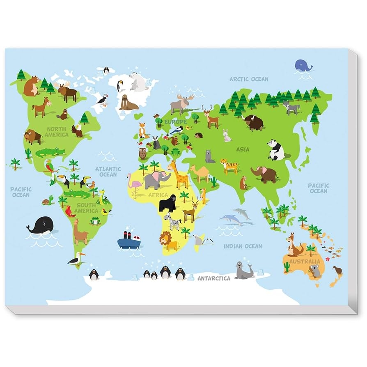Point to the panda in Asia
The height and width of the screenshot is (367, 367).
tap(276, 150)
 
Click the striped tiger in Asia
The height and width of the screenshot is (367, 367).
tap(229, 166)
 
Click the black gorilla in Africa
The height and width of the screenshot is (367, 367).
tap(167, 203)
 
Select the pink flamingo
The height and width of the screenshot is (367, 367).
tap(134, 185)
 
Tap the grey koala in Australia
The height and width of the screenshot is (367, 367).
tap(315, 271)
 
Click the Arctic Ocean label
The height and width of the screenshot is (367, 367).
tap(249, 79)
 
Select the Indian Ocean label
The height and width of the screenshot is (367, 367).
tap(243, 246)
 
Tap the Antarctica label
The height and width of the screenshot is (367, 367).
tap(214, 278)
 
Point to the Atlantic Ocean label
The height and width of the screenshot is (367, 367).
tap(108, 172)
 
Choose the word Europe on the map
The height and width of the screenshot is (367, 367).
tap(176, 122)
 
